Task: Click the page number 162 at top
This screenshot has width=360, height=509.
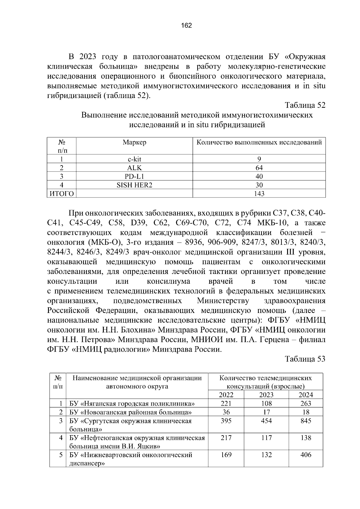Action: tap(186, 25)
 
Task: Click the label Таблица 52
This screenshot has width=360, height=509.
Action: tap(305, 105)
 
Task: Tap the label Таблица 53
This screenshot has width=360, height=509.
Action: tap(305, 359)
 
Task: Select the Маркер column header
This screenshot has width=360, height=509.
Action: tap(134, 142)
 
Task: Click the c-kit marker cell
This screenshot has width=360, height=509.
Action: tap(134, 159)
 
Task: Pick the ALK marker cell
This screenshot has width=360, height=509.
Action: tap(134, 168)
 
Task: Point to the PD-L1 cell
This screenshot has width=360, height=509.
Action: tap(134, 177)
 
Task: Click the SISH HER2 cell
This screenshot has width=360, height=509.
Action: tap(134, 185)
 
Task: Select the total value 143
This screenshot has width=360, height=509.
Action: tap(259, 194)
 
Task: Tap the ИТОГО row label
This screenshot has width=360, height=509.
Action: tap(61, 194)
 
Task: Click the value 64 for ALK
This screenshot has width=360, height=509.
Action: tap(259, 168)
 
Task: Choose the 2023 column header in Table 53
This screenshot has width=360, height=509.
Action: tap(266, 395)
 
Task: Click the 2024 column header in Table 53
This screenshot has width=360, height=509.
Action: tap(306, 395)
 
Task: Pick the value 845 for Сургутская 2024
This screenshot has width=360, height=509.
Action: tap(306, 421)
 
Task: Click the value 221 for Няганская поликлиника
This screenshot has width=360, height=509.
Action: tap(226, 403)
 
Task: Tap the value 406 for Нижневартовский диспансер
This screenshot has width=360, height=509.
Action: tap(306, 455)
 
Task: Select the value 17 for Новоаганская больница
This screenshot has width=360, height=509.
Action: tap(266, 412)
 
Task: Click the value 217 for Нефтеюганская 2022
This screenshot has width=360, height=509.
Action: tap(226, 438)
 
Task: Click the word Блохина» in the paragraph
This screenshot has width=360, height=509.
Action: tap(138, 330)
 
